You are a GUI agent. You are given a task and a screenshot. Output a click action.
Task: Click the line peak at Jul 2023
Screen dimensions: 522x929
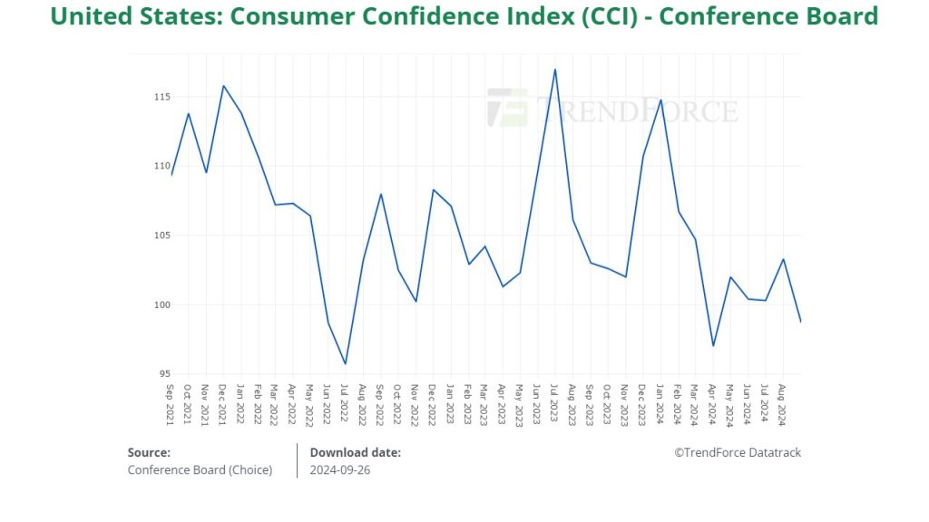[x=555, y=70]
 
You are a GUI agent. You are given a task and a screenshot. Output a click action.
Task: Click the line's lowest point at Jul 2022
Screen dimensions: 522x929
[x=346, y=363]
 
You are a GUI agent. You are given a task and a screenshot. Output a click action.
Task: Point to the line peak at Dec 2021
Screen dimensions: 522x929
[x=223, y=86]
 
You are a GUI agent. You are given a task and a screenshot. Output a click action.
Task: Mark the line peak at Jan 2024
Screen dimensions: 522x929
[x=660, y=100]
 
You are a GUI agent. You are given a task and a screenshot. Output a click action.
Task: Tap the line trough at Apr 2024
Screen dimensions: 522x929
[x=713, y=345]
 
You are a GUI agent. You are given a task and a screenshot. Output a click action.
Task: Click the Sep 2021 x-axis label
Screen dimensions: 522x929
[x=171, y=402]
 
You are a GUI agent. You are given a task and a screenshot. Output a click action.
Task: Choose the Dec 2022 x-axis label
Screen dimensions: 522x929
[x=433, y=402]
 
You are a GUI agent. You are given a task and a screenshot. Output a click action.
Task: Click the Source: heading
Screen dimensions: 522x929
[x=149, y=452]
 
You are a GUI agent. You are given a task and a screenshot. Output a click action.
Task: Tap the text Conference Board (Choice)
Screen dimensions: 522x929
[x=200, y=469]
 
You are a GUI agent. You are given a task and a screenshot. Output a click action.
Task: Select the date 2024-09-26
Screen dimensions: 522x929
[x=340, y=469]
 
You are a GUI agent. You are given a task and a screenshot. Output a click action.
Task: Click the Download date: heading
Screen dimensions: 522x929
[x=355, y=452]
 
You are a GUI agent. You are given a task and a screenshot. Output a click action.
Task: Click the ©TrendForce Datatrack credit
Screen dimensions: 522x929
[x=737, y=452]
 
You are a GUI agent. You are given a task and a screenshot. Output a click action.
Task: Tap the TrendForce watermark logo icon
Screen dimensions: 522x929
[x=507, y=107]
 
